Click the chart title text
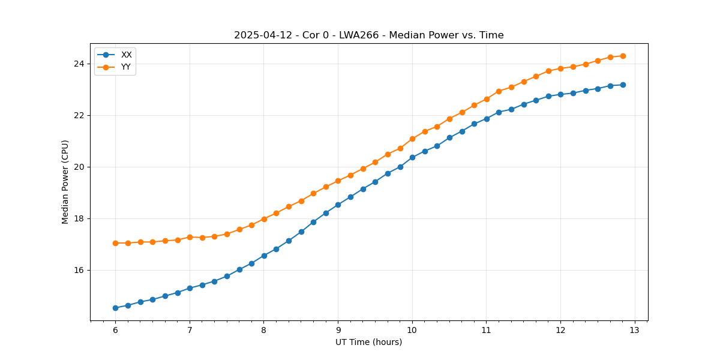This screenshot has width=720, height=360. point(368,35)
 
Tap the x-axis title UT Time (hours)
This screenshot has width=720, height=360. point(368,342)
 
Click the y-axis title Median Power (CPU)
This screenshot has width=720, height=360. point(65,182)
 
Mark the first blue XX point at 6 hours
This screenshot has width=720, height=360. point(115,308)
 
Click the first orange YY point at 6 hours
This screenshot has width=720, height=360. point(115,243)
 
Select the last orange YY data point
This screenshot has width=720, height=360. point(623,56)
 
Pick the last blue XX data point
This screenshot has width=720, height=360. point(623,85)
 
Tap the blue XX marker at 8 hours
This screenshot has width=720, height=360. point(264,256)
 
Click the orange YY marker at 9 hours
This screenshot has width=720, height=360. point(338,181)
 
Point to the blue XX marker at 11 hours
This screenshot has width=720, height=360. point(487,119)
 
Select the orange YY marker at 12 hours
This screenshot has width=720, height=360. point(560,68)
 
